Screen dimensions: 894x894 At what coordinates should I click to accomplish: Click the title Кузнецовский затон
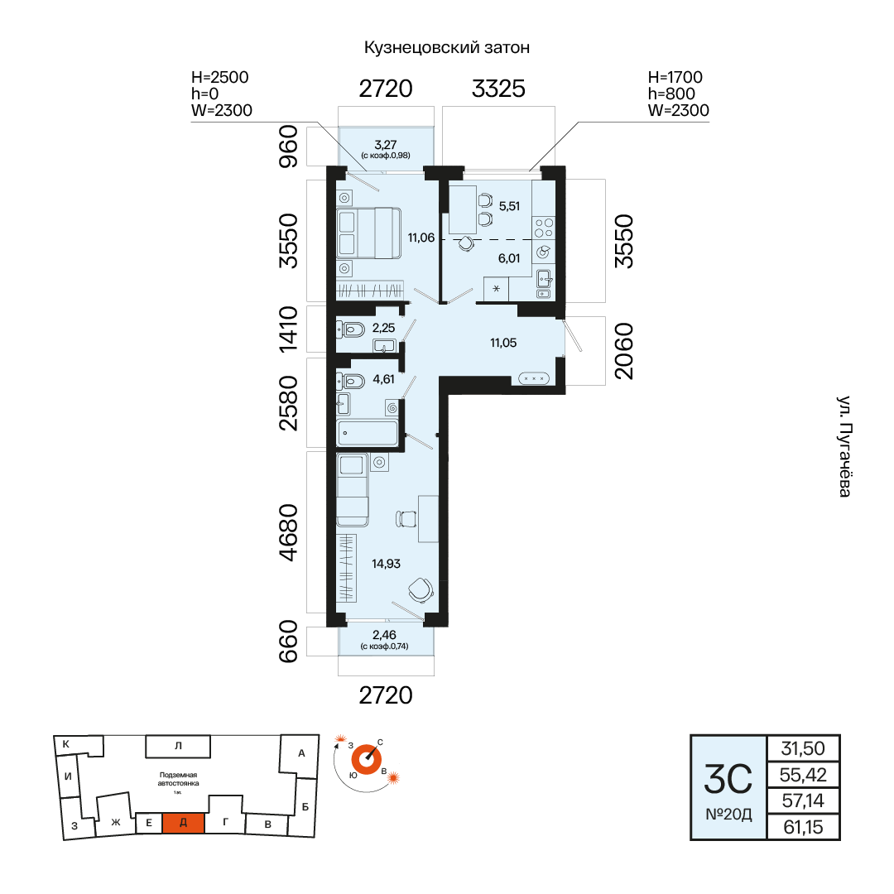(446, 47)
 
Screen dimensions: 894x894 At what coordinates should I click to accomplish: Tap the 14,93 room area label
(386, 564)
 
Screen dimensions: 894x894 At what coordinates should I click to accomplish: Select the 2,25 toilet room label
(383, 328)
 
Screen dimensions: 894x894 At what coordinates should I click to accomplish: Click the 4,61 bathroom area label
(383, 379)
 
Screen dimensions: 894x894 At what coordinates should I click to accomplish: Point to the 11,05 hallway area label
(503, 343)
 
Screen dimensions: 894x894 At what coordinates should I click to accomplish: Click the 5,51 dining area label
(509, 206)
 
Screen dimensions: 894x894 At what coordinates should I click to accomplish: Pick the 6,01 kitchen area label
(509, 258)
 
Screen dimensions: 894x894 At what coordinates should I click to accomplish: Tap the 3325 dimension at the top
(498, 89)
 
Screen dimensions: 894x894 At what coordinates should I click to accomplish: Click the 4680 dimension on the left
(289, 532)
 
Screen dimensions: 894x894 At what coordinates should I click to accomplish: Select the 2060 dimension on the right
(624, 351)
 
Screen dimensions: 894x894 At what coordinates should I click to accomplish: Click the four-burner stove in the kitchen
(543, 228)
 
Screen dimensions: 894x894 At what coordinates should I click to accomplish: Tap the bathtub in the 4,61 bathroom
(368, 433)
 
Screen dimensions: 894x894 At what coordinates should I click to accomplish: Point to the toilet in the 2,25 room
(351, 329)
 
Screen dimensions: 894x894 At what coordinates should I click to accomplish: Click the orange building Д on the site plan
(183, 823)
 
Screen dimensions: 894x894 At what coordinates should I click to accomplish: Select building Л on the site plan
(178, 746)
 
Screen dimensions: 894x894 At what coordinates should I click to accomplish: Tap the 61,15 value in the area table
(803, 827)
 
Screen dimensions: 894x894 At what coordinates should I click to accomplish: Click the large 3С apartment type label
(728, 780)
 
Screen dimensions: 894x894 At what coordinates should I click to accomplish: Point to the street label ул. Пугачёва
(844, 446)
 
